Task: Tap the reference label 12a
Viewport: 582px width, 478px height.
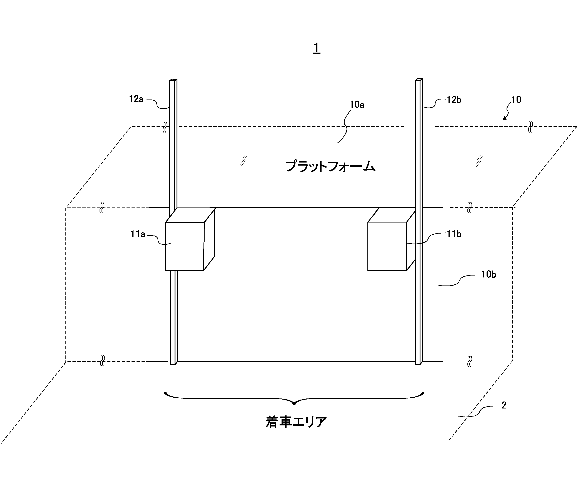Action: point(136,99)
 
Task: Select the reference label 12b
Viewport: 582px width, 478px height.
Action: point(454,100)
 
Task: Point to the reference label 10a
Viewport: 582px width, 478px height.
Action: point(357,105)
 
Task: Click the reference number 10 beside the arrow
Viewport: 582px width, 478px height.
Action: point(516,100)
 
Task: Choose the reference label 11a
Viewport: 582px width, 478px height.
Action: point(138,234)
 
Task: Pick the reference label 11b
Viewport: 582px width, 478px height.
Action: point(454,234)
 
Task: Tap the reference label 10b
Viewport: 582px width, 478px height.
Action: point(489,274)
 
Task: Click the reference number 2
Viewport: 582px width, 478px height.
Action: point(504,405)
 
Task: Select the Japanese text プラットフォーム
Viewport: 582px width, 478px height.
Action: point(330,166)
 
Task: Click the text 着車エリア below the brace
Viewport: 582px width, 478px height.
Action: point(296,422)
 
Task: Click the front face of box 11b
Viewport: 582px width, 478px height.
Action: point(387,246)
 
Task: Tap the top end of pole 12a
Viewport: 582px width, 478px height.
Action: point(173,80)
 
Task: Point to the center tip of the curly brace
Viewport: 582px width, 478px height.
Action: point(294,404)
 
